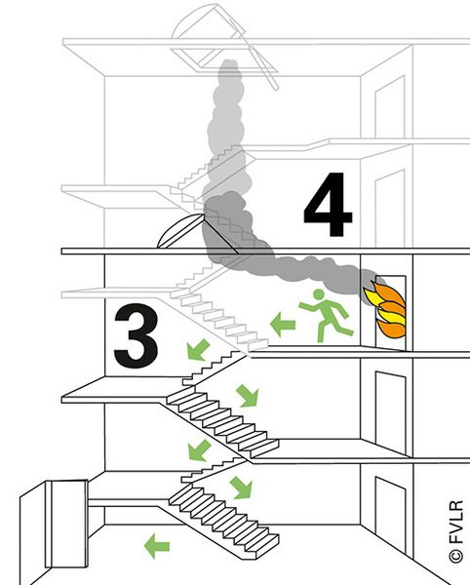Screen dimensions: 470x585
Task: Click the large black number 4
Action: [x=329, y=205]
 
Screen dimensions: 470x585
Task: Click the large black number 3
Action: [x=137, y=335]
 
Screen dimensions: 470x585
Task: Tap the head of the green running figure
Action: [x=318, y=294]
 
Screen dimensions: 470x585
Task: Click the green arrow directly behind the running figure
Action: [x=283, y=325]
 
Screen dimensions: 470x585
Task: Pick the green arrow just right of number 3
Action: [x=198, y=350]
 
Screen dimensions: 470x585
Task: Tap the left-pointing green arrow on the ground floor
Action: [x=157, y=546]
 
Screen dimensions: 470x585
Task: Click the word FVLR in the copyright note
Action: [x=456, y=523]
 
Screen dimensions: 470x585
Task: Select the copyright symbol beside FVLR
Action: [x=456, y=556]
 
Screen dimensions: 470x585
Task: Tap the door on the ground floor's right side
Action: [x=390, y=517]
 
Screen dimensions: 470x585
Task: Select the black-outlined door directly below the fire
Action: [x=390, y=413]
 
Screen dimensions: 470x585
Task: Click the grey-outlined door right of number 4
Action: [x=390, y=209]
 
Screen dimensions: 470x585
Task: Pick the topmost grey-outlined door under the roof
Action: [x=390, y=107]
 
